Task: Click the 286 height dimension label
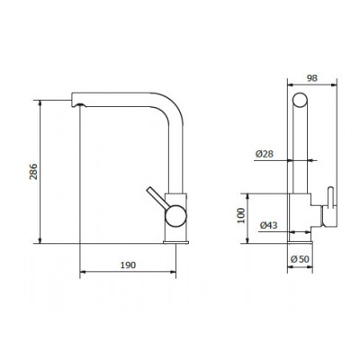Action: tap(33, 172)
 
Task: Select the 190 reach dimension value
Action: tap(128, 265)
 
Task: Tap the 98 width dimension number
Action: tap(312, 78)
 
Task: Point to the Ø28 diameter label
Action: tap(265, 154)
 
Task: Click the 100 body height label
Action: tap(241, 215)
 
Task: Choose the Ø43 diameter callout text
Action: tap(269, 225)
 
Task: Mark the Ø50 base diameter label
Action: tap(300, 258)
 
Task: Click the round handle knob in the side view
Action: tap(175, 215)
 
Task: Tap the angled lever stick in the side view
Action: tap(156, 197)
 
